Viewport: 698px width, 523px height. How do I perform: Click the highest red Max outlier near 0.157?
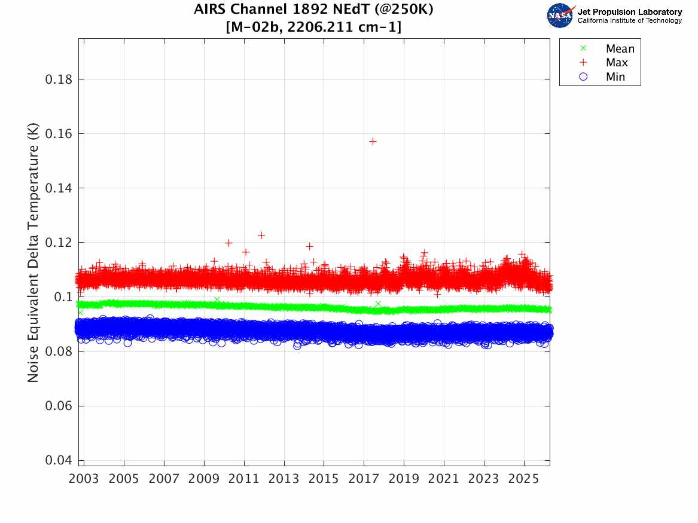point(373,141)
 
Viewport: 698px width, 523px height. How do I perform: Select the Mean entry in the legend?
point(620,49)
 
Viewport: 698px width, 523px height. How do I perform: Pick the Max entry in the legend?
point(617,63)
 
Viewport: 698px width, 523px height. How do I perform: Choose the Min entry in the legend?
point(615,77)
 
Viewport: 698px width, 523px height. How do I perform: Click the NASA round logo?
point(560,16)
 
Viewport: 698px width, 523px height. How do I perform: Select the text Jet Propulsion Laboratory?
point(630,12)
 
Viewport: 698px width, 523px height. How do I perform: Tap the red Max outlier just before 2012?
point(261,235)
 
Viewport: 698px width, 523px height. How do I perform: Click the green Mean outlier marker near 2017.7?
point(377,304)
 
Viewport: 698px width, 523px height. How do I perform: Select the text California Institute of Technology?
point(630,21)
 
